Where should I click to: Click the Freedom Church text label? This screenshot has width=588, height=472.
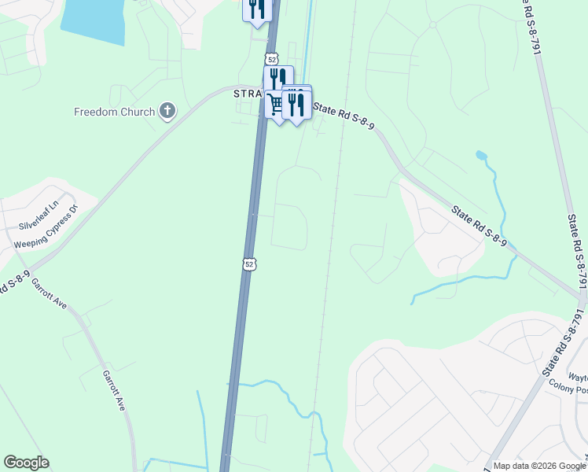point(114,112)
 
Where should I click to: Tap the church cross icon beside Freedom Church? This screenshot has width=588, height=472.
point(167,111)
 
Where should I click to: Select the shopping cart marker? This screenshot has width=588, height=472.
point(276,105)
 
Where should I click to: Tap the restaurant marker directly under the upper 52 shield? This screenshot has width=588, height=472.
point(277,79)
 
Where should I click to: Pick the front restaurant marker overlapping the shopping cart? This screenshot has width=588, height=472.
point(296,104)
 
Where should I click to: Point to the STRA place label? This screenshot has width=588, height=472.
point(248,94)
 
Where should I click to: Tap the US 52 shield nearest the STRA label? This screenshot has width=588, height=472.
point(271,58)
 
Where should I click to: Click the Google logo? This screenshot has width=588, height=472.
point(26,463)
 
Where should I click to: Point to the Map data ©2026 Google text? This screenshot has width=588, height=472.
point(540,466)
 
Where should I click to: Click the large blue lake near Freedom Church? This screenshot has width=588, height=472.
point(94,19)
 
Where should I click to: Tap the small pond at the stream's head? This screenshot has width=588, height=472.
point(480,155)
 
